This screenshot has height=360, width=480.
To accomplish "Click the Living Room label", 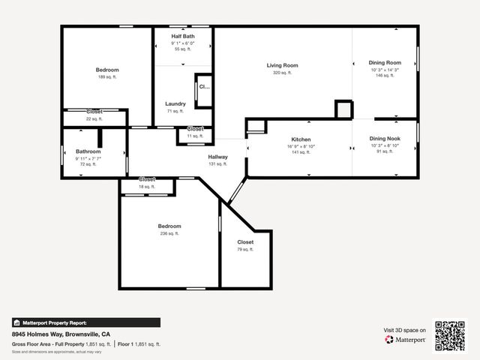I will click(282, 65).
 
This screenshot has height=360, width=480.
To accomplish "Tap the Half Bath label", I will click(183, 36).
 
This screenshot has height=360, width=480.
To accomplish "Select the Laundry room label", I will click(175, 103).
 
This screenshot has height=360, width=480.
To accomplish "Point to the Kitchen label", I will click(301, 139).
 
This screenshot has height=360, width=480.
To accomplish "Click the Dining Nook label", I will click(385, 139).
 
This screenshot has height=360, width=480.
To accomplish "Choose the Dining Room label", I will click(385, 63).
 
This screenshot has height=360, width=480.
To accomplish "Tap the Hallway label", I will click(217, 157).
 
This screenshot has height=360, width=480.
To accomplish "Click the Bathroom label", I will click(88, 151).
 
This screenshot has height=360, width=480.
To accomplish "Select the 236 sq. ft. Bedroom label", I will click(169, 226).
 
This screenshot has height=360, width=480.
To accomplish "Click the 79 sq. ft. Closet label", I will click(245, 242).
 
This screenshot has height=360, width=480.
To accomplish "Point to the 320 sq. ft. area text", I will click(282, 73).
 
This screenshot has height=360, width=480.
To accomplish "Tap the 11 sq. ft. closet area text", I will click(194, 136).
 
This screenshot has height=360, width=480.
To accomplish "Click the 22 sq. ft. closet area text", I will click(94, 118).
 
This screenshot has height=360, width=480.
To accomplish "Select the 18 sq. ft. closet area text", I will click(147, 186).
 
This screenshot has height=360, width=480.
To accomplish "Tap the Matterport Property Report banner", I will click(85, 322).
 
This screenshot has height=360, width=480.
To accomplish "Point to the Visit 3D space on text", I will click(405, 330).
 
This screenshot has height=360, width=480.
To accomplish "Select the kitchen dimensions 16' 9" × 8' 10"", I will click(301, 145).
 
